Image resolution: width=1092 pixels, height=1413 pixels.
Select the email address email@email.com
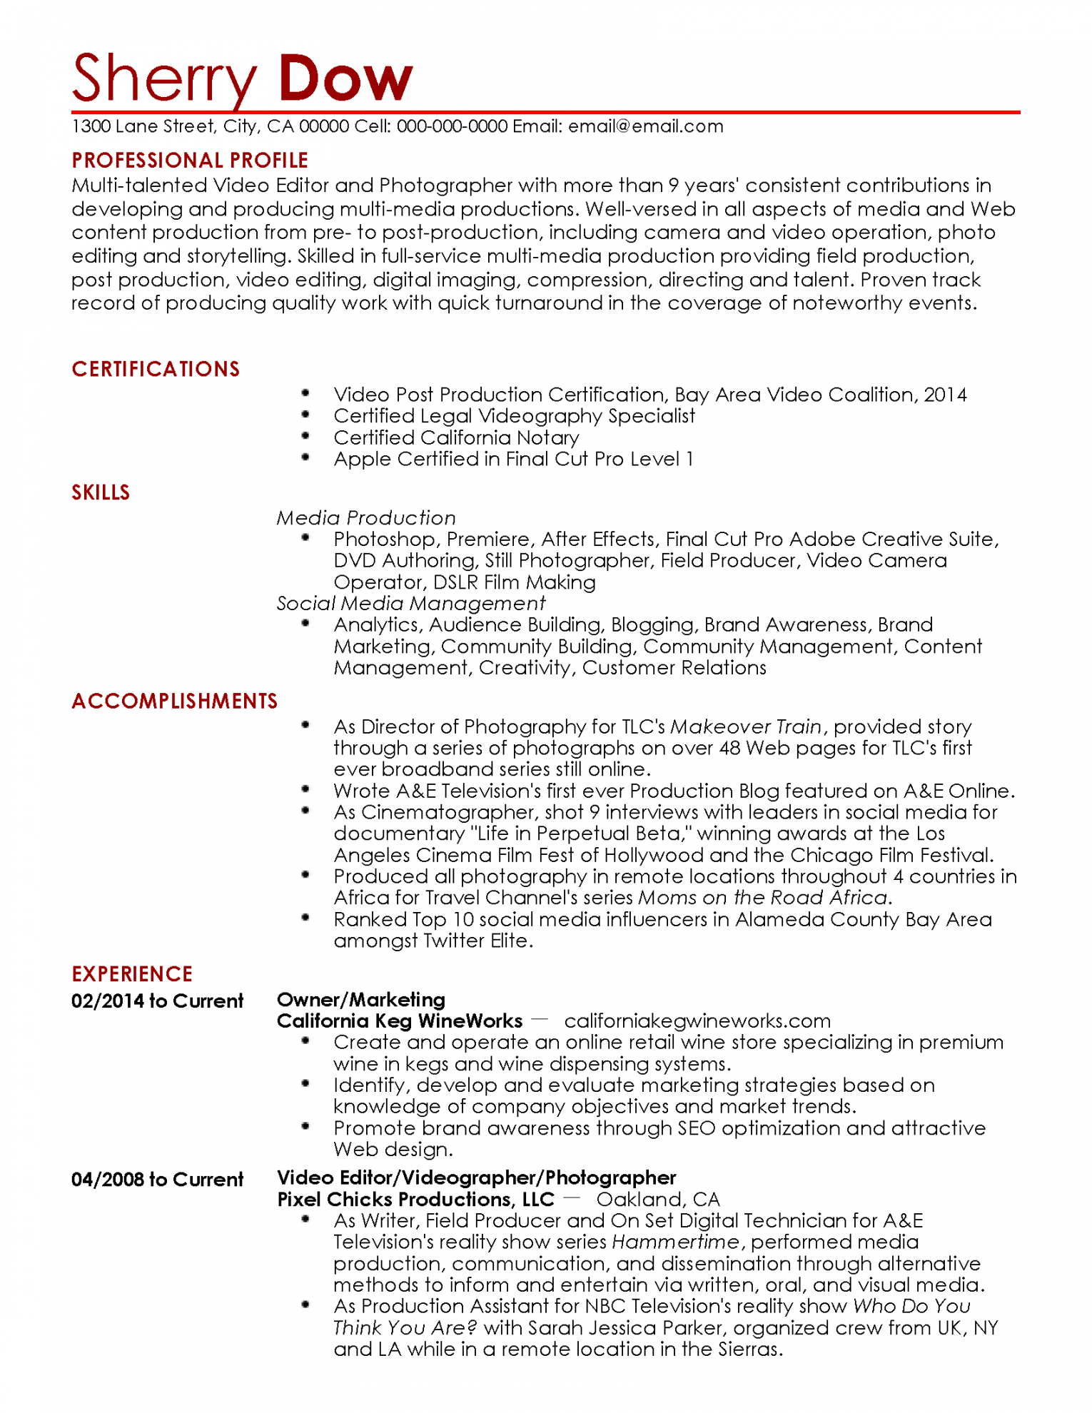646,126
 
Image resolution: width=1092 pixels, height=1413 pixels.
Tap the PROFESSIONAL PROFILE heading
190,160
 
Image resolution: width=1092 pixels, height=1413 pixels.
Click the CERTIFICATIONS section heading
156,369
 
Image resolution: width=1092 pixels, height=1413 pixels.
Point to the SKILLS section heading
101,492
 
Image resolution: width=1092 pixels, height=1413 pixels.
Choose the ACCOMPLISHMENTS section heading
175,701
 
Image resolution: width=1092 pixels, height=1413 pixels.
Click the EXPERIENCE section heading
132,974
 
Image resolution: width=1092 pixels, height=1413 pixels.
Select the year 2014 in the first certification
945,395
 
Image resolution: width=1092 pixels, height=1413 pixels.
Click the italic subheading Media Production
366,517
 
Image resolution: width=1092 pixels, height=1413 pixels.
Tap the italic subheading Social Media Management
411,603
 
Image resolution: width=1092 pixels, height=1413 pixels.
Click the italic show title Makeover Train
746,726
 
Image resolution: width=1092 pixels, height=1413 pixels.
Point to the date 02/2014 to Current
158,1001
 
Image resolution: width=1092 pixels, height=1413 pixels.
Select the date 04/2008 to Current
158,1179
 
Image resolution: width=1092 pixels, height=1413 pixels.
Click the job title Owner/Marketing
361,999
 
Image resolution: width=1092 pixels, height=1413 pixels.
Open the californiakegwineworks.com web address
697,1020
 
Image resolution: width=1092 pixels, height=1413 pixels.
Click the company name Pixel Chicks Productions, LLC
415,1199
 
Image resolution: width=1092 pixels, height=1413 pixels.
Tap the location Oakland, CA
658,1199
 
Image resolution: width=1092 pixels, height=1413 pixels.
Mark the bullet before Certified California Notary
305,435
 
